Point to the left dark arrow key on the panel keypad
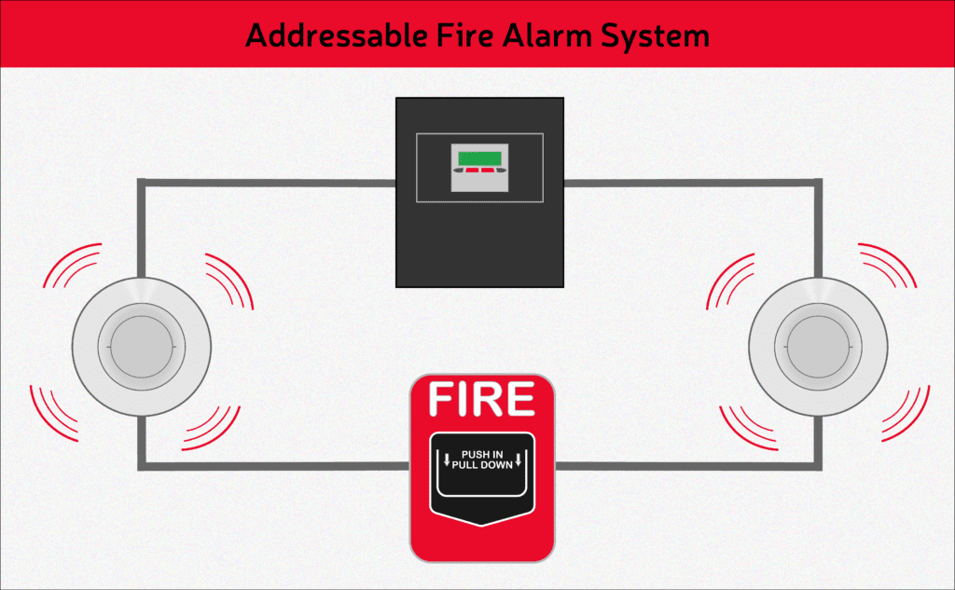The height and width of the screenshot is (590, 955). pos(458,172)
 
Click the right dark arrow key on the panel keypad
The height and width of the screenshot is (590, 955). pos(501,172)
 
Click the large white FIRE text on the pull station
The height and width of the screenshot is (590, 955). pos(481,400)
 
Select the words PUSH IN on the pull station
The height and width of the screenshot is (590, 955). pos(482,454)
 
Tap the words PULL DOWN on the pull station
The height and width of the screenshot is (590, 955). pos(482,465)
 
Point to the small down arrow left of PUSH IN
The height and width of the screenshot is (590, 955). pos(448,458)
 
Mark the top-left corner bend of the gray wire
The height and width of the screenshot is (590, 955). pos(142,184)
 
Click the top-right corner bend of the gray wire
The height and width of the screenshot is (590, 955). pos(818,184)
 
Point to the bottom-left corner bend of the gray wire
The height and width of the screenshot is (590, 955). pos(142,464)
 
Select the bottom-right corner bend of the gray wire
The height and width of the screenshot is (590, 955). pos(818,464)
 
